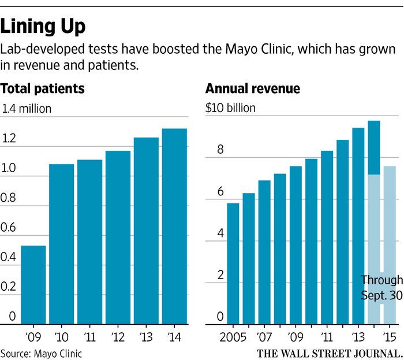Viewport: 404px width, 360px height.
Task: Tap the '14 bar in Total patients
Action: point(174,225)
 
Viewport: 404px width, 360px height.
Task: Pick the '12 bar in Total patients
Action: point(118,237)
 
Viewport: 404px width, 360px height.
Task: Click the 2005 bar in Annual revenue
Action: point(233,263)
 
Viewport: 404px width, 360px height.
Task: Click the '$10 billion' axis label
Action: point(230,108)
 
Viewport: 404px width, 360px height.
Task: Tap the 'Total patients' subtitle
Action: point(43,89)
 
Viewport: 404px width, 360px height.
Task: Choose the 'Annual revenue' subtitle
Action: point(253,89)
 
